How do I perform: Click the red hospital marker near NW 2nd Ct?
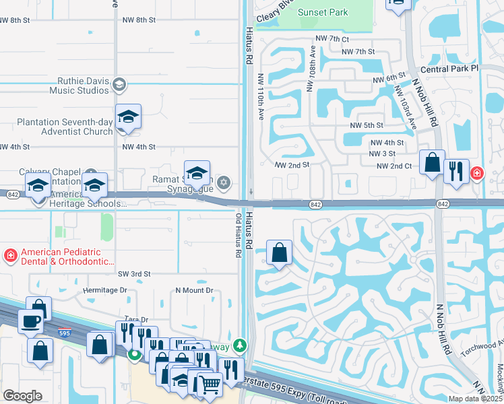pyautogui.click(x=477, y=174)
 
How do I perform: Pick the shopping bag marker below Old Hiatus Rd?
pyautogui.click(x=280, y=253)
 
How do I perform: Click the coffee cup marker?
pyautogui.click(x=30, y=322)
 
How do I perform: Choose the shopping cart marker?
pyautogui.click(x=210, y=384)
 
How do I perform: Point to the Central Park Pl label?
pyautogui.click(x=448, y=69)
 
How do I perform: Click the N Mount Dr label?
pyautogui.click(x=194, y=290)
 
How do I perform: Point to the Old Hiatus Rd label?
pyautogui.click(x=238, y=236)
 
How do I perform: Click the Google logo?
pyautogui.click(x=22, y=396)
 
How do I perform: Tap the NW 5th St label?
pyautogui.click(x=366, y=125)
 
